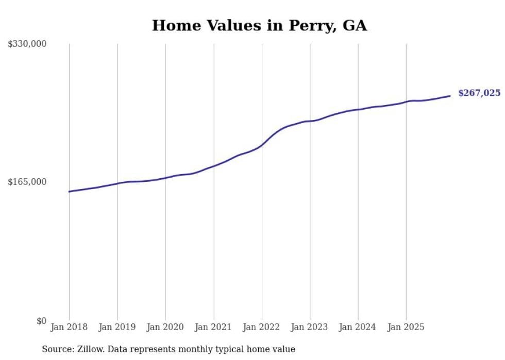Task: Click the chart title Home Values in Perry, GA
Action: click(x=259, y=25)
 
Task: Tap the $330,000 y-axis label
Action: click(x=27, y=44)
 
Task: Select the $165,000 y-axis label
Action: click(x=27, y=182)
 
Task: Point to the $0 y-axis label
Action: click(x=41, y=321)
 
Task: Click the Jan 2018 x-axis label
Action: click(x=69, y=327)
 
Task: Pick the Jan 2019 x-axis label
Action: click(x=117, y=327)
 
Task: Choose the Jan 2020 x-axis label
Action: click(x=165, y=327)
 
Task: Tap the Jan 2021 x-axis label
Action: click(x=213, y=327)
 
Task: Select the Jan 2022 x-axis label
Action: click(x=262, y=327)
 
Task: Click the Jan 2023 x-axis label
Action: click(x=310, y=327)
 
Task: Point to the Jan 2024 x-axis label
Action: click(x=358, y=327)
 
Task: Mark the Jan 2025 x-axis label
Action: click(x=406, y=327)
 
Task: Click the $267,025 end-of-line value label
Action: click(x=479, y=93)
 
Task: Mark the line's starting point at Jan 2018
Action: click(x=69, y=192)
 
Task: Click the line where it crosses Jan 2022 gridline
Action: click(x=262, y=145)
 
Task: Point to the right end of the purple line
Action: click(x=450, y=96)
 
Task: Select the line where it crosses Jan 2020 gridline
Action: click(x=165, y=178)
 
